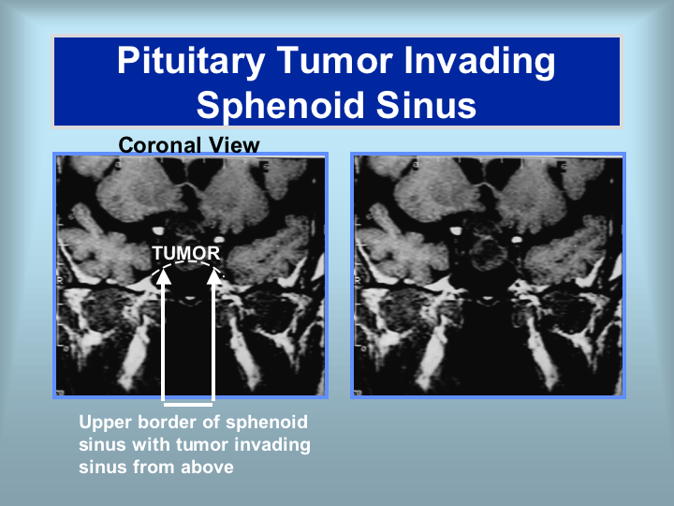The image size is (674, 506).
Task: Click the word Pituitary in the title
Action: tap(191, 62)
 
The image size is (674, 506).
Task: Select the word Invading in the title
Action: tap(479, 62)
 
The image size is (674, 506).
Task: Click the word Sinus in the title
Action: tap(426, 105)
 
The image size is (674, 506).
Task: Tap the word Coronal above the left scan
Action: tap(160, 145)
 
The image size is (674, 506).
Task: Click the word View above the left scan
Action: tap(233, 145)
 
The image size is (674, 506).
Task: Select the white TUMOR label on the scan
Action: tap(186, 253)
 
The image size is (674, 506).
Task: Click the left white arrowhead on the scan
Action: tap(163, 276)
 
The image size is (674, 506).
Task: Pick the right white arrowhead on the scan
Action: tap(214, 276)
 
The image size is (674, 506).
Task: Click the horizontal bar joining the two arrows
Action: tap(188, 404)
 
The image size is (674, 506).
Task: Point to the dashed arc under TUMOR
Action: tap(187, 261)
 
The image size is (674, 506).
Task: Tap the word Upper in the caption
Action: tap(105, 423)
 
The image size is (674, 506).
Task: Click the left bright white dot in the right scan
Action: tap(456, 231)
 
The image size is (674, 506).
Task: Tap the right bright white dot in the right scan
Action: tap(516, 239)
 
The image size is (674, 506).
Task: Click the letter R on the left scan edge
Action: tap(61, 280)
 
